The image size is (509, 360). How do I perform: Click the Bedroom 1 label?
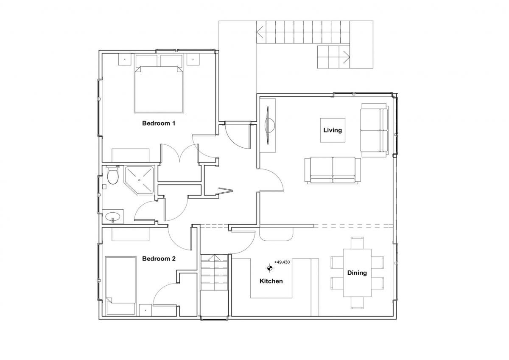[x=159, y=123]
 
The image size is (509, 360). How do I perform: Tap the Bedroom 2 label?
[x=159, y=259]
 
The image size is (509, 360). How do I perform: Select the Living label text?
[x=333, y=130]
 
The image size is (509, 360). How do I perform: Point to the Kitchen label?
[x=271, y=281]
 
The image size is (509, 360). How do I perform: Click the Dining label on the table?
[x=357, y=273]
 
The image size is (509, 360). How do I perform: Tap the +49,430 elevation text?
[x=282, y=262]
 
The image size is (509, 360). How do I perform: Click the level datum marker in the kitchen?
[x=269, y=268]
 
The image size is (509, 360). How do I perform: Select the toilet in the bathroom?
[x=112, y=175]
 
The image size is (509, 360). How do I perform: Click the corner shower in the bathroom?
[x=139, y=180]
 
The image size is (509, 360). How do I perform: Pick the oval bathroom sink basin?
[x=113, y=216]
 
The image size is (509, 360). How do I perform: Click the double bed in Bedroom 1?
[x=159, y=84]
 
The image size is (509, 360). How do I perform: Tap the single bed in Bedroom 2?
[x=120, y=286]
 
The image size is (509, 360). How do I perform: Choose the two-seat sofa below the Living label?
[x=333, y=170]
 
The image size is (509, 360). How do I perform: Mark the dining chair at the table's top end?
[x=357, y=243]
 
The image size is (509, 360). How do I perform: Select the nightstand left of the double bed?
[x=125, y=59]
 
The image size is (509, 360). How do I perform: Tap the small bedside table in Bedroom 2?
[x=145, y=310]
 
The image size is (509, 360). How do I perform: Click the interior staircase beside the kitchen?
[x=214, y=272]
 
